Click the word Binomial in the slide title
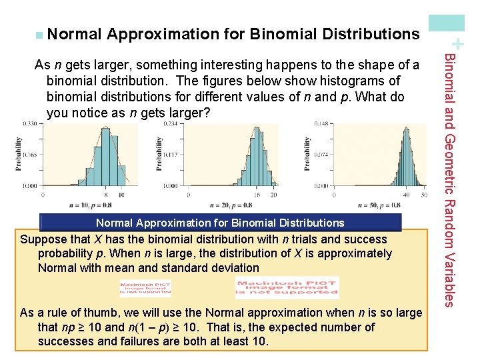283,34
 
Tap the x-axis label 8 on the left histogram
107,195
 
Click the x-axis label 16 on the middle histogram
254,195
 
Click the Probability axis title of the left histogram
19,155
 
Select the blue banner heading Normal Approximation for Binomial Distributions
221,223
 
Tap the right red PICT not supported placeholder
287,287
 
